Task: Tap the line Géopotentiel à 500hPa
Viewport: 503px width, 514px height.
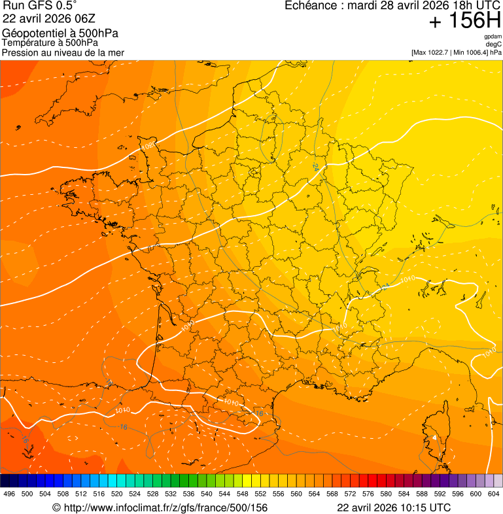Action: [x=60, y=33]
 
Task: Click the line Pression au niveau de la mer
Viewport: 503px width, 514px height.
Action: [x=63, y=52]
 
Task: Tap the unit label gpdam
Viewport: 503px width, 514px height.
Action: [x=493, y=37]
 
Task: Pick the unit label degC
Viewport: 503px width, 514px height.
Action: [x=494, y=44]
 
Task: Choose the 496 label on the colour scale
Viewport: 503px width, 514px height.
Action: [x=9, y=494]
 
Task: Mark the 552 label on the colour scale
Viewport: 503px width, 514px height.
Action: [x=260, y=494]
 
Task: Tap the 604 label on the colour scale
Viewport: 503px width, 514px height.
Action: [x=494, y=494]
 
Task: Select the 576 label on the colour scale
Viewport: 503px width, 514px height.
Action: [x=368, y=494]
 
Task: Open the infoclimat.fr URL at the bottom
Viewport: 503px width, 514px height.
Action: [x=160, y=507]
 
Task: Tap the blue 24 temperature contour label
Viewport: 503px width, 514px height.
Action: [x=317, y=167]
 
